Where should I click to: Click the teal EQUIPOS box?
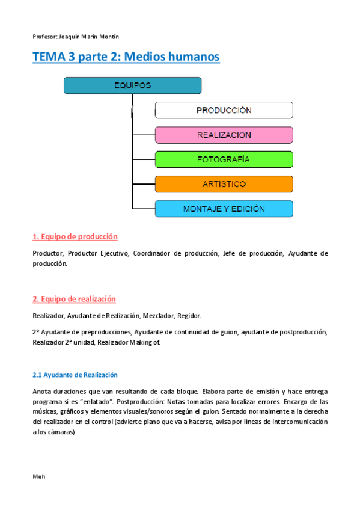[x=132, y=85]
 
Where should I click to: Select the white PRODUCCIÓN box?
[x=224, y=110]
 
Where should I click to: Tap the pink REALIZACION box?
[x=224, y=135]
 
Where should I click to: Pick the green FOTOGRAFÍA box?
[x=224, y=159]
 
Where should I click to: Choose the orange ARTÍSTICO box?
[x=224, y=184]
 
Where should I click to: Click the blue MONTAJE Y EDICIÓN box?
[x=224, y=209]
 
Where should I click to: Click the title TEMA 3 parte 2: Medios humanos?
[x=126, y=57]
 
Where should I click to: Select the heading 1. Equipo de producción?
[x=75, y=236]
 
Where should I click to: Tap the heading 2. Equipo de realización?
[x=74, y=299]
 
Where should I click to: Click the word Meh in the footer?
[x=39, y=476]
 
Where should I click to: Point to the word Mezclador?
[x=160, y=316]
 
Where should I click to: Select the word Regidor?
[x=189, y=316]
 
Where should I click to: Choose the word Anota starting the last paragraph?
[x=43, y=391]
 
